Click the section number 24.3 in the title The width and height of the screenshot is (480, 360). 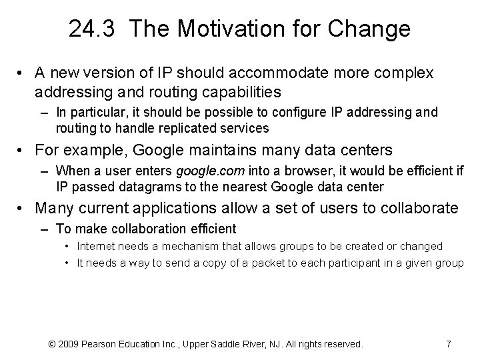tap(94, 29)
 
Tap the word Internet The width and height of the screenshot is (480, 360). tap(97, 246)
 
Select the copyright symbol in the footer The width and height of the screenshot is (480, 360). tap(53, 344)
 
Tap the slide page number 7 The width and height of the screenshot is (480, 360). tap(448, 344)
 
